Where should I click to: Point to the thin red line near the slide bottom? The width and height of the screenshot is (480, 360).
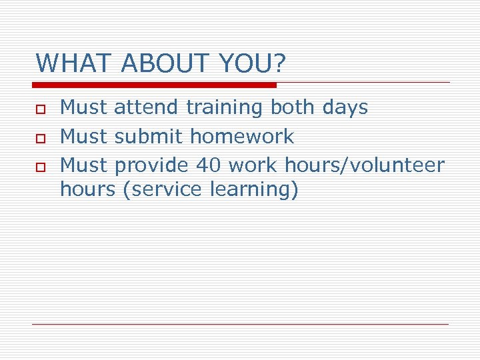click(241, 324)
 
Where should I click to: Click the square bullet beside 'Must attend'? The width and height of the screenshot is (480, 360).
click(40, 108)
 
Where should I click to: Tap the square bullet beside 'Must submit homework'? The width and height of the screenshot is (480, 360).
click(40, 137)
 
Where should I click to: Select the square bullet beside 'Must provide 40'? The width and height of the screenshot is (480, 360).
click(40, 165)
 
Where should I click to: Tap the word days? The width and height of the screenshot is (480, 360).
click(345, 107)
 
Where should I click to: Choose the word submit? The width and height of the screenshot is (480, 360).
click(149, 137)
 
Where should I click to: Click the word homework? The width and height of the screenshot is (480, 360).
click(242, 137)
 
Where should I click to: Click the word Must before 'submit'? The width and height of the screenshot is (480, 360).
click(85, 137)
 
